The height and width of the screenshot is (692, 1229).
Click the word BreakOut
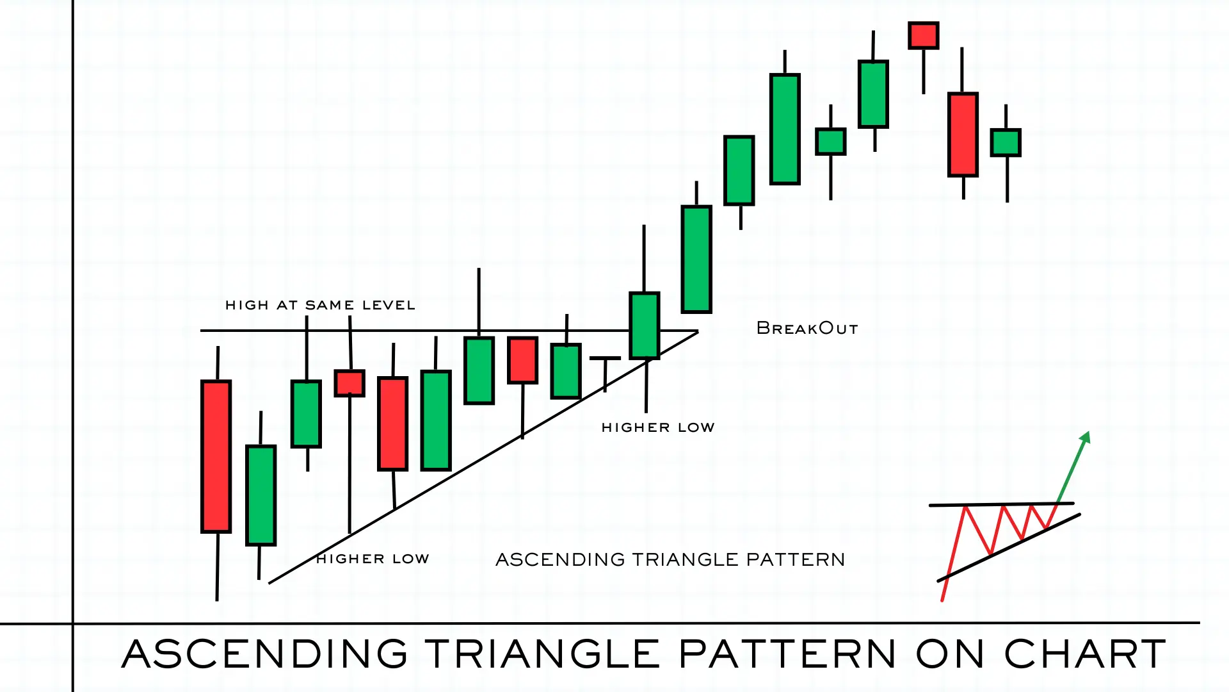(807, 329)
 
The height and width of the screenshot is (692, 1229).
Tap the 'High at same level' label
(320, 305)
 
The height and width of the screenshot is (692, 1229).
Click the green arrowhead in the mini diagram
(1086, 438)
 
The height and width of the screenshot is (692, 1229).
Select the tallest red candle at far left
(216, 456)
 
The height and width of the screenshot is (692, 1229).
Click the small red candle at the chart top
(923, 36)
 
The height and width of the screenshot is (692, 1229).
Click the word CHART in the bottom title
(1085, 654)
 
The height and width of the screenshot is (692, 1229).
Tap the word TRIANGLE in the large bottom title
(542, 654)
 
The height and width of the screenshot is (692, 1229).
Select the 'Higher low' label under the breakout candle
(657, 427)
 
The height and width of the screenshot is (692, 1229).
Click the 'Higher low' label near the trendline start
(373, 559)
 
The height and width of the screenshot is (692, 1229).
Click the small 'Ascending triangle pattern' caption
(670, 559)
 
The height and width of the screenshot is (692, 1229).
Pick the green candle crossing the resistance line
(645, 325)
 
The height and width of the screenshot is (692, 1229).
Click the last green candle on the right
(1006, 143)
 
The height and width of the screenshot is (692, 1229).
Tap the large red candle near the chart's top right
(963, 135)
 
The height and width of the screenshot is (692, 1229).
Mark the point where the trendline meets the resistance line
(697, 331)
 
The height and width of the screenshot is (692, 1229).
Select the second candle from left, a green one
(261, 495)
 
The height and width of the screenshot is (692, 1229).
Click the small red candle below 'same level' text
(349, 383)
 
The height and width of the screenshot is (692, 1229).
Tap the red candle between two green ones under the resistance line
(522, 361)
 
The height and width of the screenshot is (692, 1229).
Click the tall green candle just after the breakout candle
(696, 259)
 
